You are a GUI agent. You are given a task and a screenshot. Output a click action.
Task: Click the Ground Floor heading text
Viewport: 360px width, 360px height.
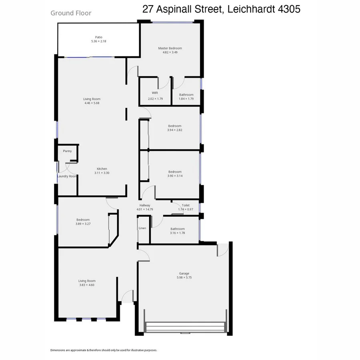coord(71,13)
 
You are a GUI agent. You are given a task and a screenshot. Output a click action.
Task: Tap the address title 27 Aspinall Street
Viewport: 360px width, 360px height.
coord(221,9)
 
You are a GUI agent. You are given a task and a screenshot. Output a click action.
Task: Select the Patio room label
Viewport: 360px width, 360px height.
coord(98,37)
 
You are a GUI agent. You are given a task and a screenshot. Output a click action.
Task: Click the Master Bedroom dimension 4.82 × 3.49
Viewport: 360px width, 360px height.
coord(172,52)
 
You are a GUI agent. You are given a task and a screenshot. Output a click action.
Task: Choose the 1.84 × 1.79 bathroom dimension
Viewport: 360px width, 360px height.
coord(186,99)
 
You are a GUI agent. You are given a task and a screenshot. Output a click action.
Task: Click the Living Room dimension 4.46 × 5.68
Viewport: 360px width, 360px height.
coord(92,103)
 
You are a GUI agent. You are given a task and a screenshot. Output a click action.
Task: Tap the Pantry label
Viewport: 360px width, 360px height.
coord(67,151)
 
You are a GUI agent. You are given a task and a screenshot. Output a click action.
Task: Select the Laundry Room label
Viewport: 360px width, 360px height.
coord(67,176)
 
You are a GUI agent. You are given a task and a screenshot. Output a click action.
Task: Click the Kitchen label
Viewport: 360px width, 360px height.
coord(102,169)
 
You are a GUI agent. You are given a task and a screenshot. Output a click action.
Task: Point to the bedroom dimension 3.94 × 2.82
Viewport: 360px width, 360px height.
coord(175,130)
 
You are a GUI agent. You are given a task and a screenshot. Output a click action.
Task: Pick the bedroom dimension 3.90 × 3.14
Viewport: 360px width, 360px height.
coord(175,176)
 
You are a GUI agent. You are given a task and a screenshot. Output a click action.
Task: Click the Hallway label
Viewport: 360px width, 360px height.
coord(144,205)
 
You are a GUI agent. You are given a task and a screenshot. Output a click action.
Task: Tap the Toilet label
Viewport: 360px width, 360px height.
coord(186,205)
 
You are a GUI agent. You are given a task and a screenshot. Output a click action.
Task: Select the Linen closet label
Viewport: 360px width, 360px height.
coord(142,228)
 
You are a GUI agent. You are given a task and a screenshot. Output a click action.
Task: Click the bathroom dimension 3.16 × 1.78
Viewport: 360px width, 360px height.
coord(177,233)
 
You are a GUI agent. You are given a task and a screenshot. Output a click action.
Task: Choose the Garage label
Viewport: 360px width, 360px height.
coord(184,274)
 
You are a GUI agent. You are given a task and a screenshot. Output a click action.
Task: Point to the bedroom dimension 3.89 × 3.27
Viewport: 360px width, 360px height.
coord(83,224)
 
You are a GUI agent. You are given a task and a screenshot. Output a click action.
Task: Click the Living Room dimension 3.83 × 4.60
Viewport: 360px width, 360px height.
coord(87,285)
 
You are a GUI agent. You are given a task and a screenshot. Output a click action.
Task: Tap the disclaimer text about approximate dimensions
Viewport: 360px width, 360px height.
coord(104,350)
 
